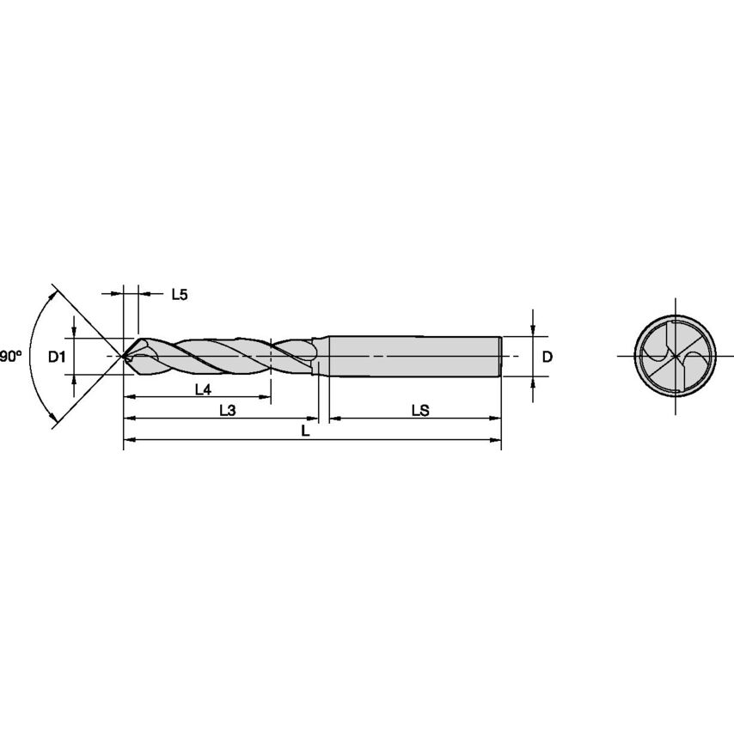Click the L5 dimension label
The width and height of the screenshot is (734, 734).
[179, 295]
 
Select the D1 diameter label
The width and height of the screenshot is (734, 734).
[57, 357]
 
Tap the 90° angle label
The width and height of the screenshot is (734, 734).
[10, 356]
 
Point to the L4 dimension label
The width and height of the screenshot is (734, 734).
[202, 389]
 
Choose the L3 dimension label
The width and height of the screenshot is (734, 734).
[227, 411]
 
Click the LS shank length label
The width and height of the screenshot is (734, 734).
[420, 411]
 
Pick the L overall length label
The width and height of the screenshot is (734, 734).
[306, 432]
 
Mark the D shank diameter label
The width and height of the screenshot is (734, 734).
[547, 356]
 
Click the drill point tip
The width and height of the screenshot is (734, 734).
[125, 356]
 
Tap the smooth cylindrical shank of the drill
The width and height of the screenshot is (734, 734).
[413, 355]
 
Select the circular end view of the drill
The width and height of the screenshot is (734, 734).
[675, 356]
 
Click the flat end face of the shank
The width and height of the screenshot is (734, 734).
[500, 356]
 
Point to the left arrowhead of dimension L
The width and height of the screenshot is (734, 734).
[130, 441]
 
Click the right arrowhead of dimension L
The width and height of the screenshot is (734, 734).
[496, 441]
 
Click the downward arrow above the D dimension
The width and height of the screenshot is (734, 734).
[534, 328]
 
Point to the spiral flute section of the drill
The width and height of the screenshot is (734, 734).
[223, 355]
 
